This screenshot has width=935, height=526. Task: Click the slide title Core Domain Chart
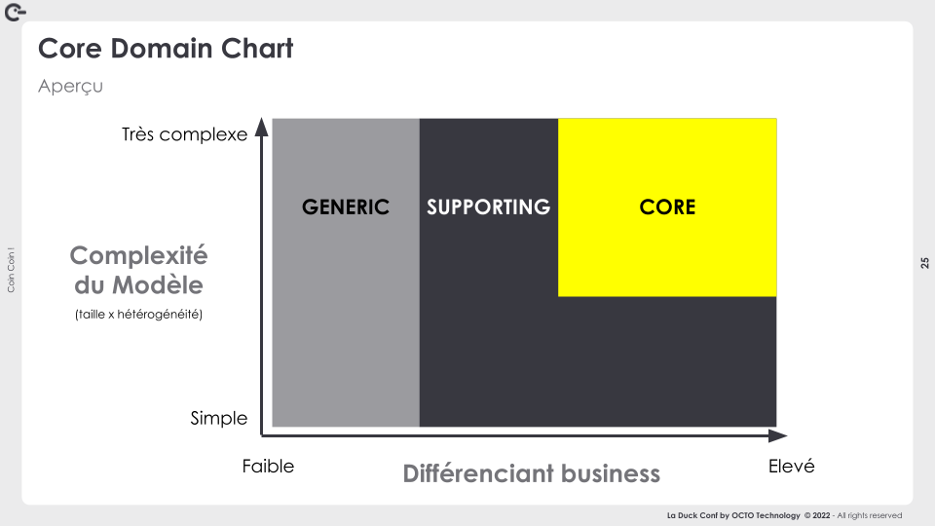pos(166,49)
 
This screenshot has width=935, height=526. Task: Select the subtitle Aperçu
pos(70,87)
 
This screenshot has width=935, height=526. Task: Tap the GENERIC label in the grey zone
pos(345,207)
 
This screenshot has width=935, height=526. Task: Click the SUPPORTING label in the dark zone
pos(488,207)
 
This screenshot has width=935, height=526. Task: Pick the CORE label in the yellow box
pos(667,207)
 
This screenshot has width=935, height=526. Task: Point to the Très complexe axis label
pos(184,134)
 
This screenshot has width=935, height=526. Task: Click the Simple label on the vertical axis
pos(219,418)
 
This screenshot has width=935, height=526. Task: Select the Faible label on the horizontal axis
pos(268,466)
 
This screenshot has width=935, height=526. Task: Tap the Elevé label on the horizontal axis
pos(791,466)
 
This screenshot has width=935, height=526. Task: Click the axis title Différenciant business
pos(532,473)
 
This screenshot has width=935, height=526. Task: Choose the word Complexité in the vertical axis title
pos(138,255)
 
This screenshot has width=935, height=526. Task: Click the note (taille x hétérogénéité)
pos(139,315)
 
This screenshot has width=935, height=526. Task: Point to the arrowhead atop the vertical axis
pos(261,127)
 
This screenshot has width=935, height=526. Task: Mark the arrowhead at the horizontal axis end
pos(777,436)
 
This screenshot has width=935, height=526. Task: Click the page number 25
pos(924,263)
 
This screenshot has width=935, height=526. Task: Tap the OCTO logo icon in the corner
pos(15,12)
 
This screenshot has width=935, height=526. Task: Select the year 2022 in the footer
pos(821,515)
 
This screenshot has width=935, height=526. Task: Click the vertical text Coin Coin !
pos(11,270)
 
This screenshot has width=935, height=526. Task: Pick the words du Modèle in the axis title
pos(138,285)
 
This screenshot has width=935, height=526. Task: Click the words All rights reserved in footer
pos(870,515)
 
